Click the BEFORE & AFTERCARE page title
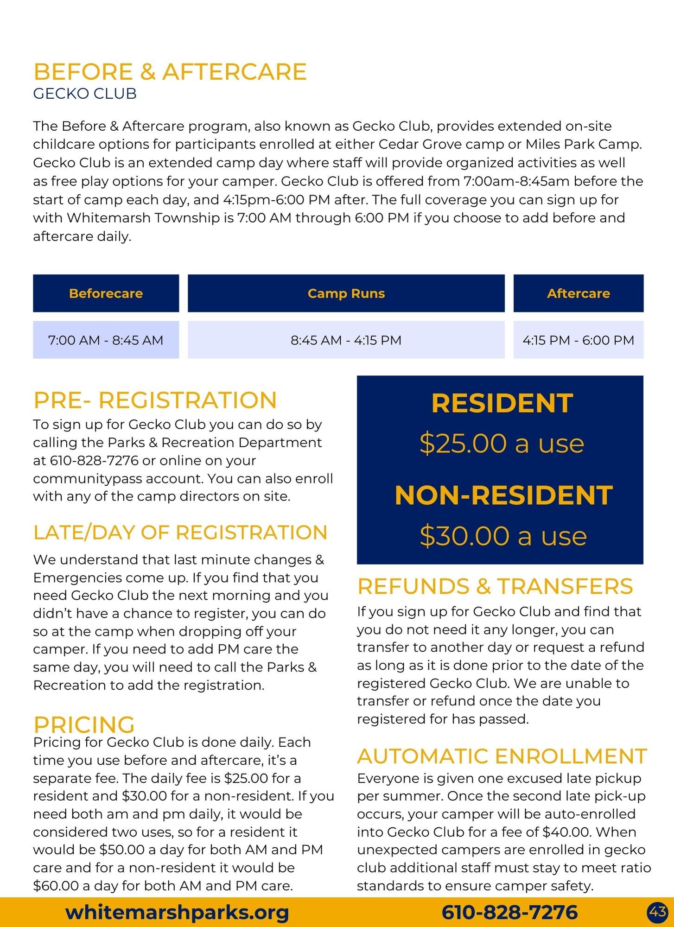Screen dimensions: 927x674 tap(170, 72)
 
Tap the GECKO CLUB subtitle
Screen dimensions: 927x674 tap(85, 94)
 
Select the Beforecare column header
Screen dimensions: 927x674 tap(106, 293)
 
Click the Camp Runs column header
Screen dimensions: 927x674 tap(346, 293)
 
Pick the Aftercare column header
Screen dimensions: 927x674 tap(578, 293)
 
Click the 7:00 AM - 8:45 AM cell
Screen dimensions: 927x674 tap(106, 340)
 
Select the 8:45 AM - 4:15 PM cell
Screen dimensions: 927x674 tap(346, 340)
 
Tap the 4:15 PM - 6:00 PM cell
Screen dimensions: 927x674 tap(578, 340)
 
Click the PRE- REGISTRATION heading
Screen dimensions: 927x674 tap(155, 400)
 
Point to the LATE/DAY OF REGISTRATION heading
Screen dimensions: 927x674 tap(180, 533)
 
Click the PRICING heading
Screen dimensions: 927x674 tap(84, 724)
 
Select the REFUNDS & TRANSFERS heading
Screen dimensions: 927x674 tap(495, 586)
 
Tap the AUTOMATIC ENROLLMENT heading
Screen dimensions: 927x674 tap(502, 756)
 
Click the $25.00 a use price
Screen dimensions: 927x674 tap(502, 444)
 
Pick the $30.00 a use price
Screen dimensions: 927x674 tap(503, 536)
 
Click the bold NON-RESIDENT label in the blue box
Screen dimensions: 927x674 tap(503, 495)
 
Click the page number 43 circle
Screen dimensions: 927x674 tap(658, 912)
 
